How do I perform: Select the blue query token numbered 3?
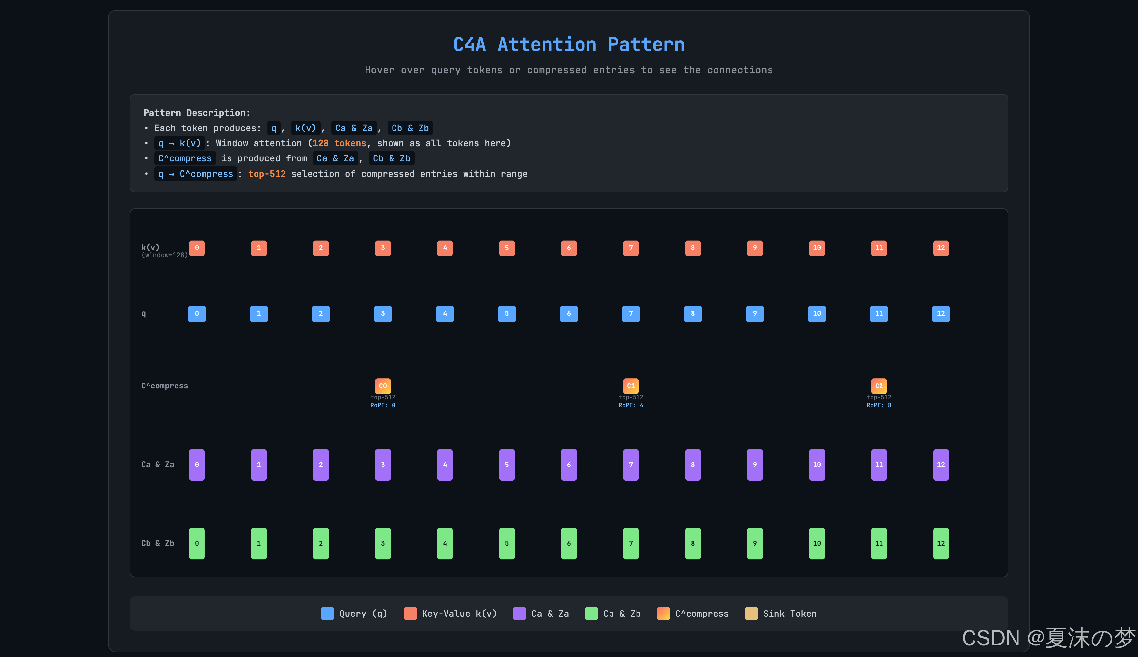tap(383, 314)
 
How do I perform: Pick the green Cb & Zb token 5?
tap(507, 543)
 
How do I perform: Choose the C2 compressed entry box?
tap(879, 386)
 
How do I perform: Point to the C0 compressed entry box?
tap(383, 386)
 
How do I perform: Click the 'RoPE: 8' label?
tap(879, 405)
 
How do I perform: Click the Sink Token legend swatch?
tap(751, 614)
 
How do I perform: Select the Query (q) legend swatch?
tap(327, 614)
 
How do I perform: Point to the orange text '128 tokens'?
tap(339, 143)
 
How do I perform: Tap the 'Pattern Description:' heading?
tap(197, 113)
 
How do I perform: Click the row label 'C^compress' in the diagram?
tap(165, 386)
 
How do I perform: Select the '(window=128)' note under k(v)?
tap(165, 255)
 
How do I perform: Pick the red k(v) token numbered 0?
tap(197, 248)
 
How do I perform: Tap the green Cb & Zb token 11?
tap(879, 543)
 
